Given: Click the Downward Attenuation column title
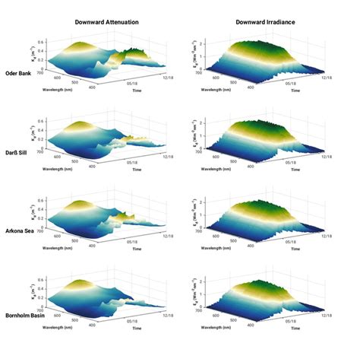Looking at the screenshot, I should pos(106,23).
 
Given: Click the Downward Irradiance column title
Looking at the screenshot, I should pos(264,23).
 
